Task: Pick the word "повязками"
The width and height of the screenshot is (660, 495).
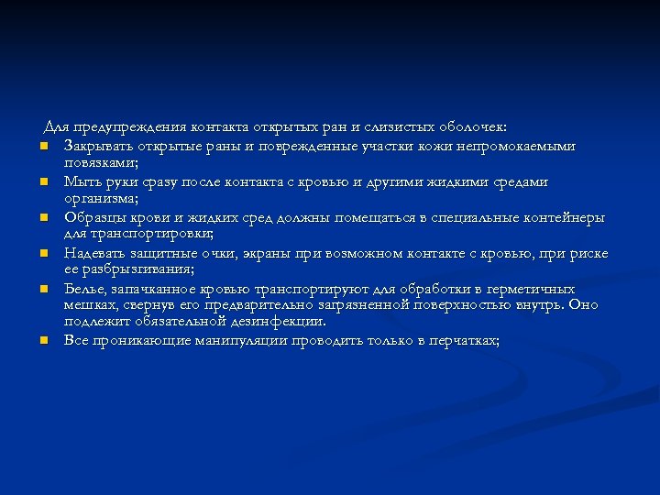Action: point(100,162)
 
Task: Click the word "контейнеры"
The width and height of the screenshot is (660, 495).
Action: point(563,217)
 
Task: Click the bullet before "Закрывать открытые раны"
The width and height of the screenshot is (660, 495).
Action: point(43,147)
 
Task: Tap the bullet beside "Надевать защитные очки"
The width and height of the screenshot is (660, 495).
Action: point(43,254)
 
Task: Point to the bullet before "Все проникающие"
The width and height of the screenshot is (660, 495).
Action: point(43,341)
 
